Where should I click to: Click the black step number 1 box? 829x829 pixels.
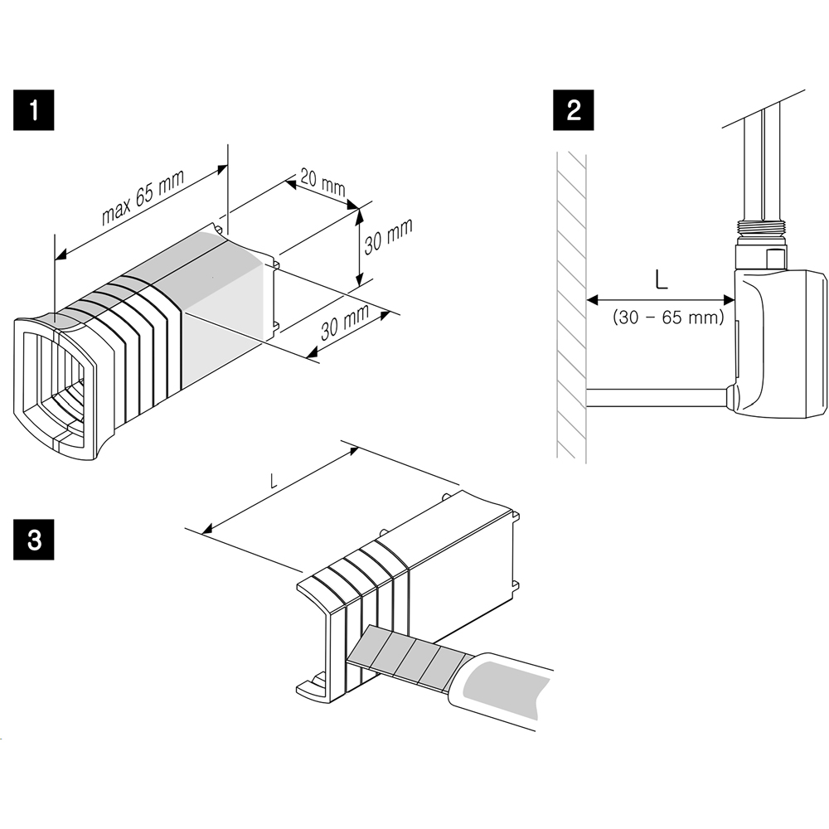(33, 111)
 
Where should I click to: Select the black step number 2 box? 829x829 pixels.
(574, 111)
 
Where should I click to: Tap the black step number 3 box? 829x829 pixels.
(33, 540)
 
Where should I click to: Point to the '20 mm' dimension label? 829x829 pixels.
(322, 183)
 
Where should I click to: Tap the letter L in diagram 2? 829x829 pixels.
(661, 279)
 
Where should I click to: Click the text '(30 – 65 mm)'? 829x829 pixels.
(667, 318)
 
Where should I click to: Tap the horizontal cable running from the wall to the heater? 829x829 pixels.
(655, 398)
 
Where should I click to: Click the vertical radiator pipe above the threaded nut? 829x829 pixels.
(760, 166)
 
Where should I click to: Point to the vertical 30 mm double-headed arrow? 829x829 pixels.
(358, 247)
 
